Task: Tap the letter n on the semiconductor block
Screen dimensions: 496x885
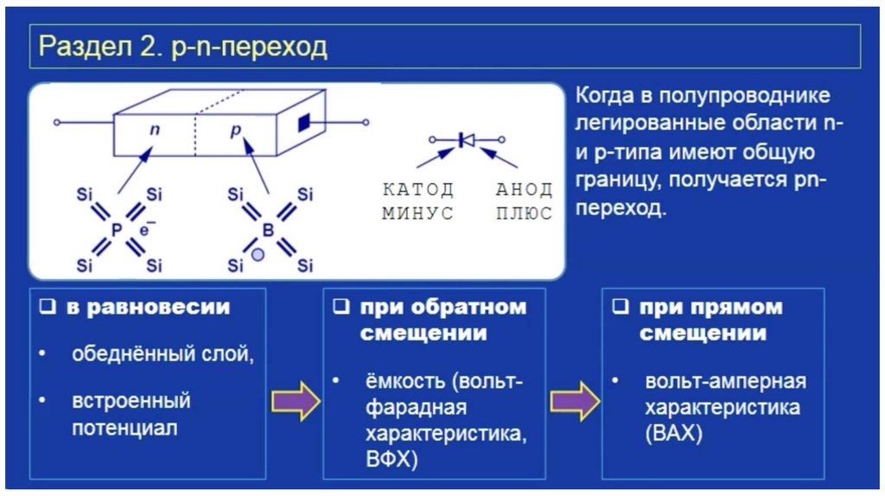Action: point(155,130)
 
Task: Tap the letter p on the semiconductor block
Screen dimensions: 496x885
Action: point(233,130)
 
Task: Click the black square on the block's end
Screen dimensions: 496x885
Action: point(303,122)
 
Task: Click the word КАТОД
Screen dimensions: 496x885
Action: point(417,189)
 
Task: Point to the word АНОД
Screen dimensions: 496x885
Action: point(523,189)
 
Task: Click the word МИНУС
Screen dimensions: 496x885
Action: point(417,213)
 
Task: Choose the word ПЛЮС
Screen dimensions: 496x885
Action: point(523,213)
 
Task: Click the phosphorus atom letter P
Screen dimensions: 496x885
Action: point(117,229)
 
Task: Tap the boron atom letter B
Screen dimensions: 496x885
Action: point(267,229)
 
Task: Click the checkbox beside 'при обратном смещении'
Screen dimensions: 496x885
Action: point(342,308)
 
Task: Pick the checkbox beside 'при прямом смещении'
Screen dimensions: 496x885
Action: point(620,308)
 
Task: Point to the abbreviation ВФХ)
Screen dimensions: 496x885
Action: point(392,457)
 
